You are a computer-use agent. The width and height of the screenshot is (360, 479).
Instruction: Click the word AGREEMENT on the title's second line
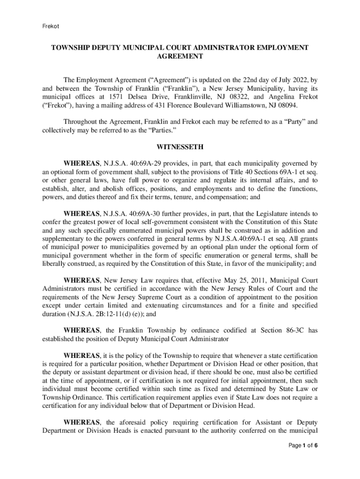click(x=180, y=56)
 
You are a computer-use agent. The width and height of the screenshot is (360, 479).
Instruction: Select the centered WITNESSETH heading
click(x=180, y=147)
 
